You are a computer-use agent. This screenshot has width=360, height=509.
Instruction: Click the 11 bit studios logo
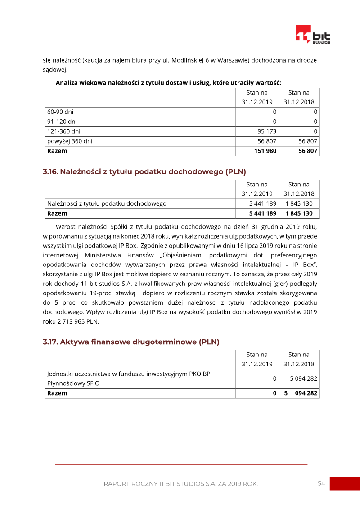point(313,35)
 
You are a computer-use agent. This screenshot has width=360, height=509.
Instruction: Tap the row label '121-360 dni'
point(64,131)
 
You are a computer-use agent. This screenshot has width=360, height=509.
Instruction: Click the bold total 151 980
point(265,151)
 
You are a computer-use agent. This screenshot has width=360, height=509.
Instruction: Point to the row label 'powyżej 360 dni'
point(70,141)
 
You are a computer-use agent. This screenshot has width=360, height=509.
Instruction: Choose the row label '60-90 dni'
point(60,112)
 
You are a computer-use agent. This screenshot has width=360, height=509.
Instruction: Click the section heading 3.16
point(144,171)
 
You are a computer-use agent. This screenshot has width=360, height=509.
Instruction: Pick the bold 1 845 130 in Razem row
point(299,213)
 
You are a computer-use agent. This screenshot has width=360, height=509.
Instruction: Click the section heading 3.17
point(131,342)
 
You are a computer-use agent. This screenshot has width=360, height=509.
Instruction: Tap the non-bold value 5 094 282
point(303,379)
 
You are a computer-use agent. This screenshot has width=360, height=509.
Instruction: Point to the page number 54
point(321,483)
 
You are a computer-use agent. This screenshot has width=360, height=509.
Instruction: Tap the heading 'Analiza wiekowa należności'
point(168,83)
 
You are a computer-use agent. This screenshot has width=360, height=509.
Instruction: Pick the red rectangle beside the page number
point(345,483)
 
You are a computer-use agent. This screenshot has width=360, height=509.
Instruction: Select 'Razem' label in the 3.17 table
point(57,393)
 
